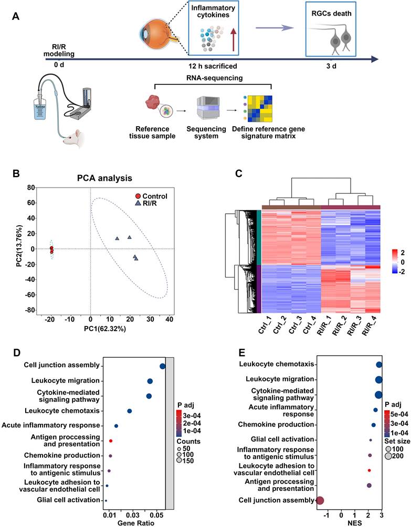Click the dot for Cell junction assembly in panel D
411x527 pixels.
click(x=162, y=367)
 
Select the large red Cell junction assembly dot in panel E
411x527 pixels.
click(x=320, y=501)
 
